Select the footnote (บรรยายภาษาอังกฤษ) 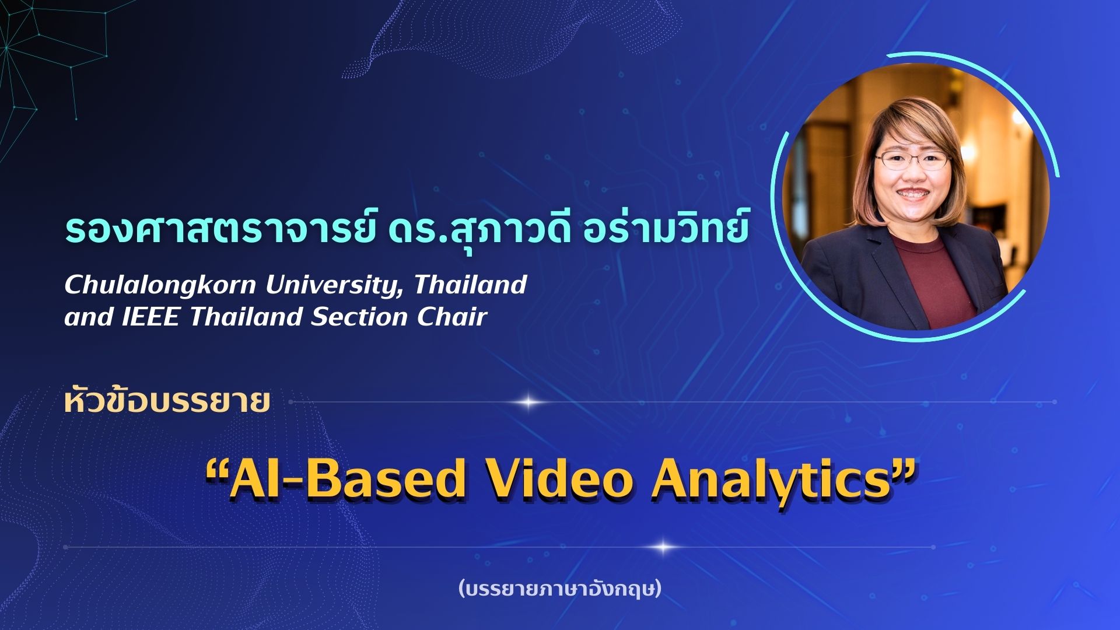[x=560, y=589]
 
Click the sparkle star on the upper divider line [x=528, y=402]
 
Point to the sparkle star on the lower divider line [x=663, y=547]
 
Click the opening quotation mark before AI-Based [x=217, y=470]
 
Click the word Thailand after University [x=470, y=285]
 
